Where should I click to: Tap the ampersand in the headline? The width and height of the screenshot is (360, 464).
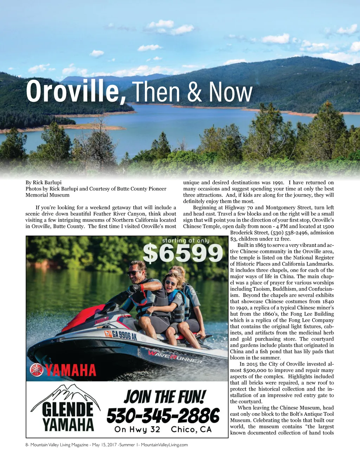point(194,92)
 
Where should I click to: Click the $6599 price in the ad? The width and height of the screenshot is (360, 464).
point(182,254)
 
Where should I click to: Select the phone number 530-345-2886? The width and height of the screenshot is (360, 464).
point(163,416)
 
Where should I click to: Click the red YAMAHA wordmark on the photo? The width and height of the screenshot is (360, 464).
point(71,370)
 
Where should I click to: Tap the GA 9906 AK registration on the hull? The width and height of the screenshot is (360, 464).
point(121,335)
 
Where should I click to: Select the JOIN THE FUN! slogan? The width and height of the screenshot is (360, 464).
point(164,397)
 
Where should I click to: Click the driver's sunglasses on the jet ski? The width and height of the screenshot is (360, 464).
point(133,273)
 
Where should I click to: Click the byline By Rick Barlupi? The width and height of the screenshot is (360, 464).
point(43,182)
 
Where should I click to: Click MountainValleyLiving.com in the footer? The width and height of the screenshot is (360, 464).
point(164,445)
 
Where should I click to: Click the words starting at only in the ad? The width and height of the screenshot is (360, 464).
point(185,241)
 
